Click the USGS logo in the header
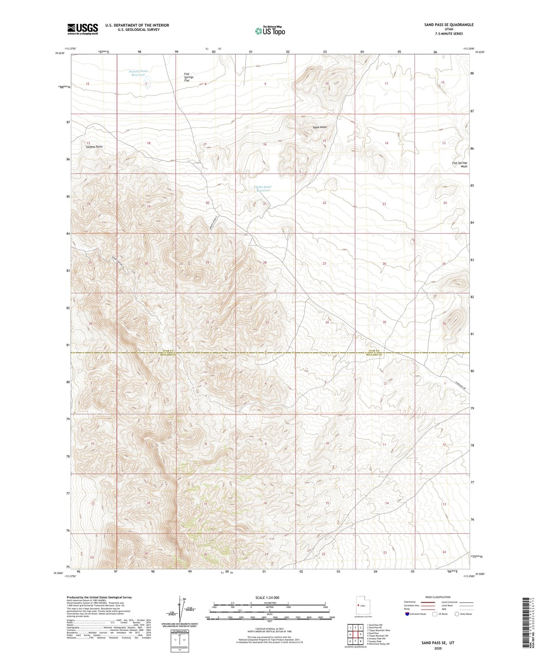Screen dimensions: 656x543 tap(82, 29)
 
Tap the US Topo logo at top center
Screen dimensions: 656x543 tap(269, 31)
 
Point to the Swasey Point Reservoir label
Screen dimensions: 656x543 tap(138, 73)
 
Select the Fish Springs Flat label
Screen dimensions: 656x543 tap(187, 77)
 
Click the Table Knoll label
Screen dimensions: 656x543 tap(319, 127)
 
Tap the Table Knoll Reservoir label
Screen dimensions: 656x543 tap(263, 189)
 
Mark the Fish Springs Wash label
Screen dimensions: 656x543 tap(460, 165)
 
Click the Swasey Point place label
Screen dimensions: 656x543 tap(94, 147)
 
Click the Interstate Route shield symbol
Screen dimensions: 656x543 tap(407, 614)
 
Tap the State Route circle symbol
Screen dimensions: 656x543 tap(457, 614)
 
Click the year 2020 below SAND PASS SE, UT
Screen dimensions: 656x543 tap(437, 648)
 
